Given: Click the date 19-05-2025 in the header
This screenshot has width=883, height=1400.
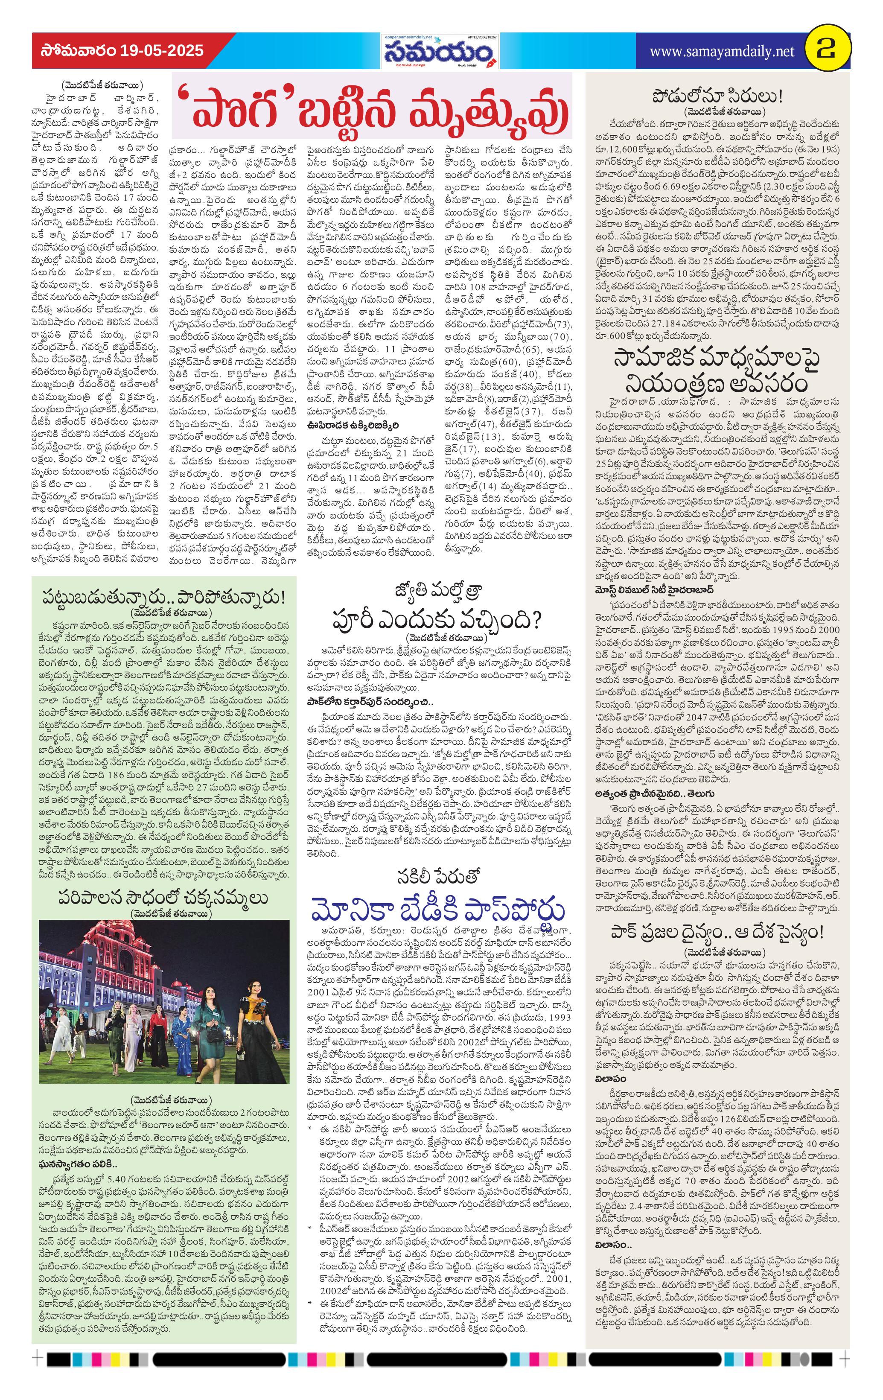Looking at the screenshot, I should pyautogui.click(x=162, y=51).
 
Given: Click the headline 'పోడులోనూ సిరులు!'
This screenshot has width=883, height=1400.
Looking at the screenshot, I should pyautogui.click(x=717, y=96).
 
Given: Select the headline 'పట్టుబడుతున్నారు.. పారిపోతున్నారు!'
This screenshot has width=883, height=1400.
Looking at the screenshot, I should pyautogui.click(x=164, y=597).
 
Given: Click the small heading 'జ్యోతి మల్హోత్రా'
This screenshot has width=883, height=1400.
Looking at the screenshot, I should pyautogui.click(x=437, y=593).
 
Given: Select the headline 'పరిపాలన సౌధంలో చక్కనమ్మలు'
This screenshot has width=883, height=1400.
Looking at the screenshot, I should pyautogui.click(x=163, y=898).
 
